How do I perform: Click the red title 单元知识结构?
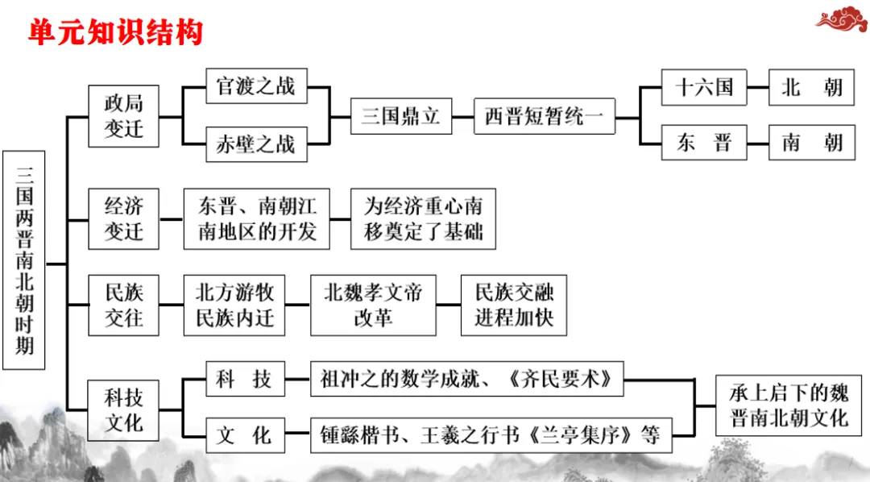pyautogui.click(x=115, y=31)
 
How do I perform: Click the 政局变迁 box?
pyautogui.click(x=123, y=116)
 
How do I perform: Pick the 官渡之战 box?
pyautogui.click(x=255, y=86)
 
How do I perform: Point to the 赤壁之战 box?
pyautogui.click(x=255, y=145)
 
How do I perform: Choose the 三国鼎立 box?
pyautogui.click(x=400, y=116)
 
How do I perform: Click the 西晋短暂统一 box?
pyautogui.click(x=544, y=116)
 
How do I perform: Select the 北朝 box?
pyautogui.click(x=811, y=86)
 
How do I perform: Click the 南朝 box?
pyautogui.click(x=811, y=143)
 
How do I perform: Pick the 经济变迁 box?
pyautogui.click(x=123, y=218)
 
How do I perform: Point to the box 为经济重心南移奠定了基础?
pyautogui.click(x=423, y=218)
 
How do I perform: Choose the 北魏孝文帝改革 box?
pyautogui.click(x=373, y=305)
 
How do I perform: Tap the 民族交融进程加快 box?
pyautogui.click(x=513, y=305)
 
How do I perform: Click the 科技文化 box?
pyautogui.click(x=123, y=409)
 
